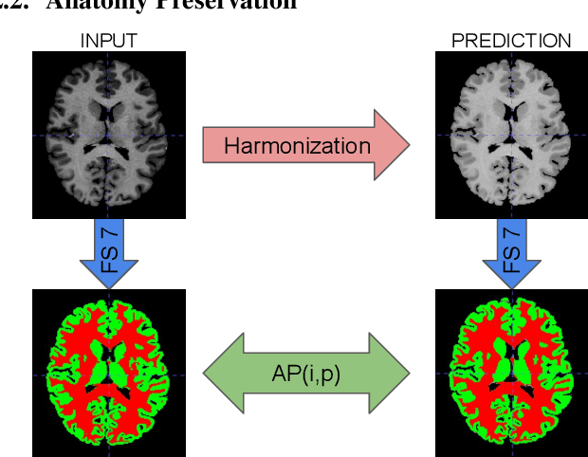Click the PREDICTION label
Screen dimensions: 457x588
click(511, 41)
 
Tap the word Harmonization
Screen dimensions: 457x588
click(297, 145)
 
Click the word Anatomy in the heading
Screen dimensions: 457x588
click(99, 6)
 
